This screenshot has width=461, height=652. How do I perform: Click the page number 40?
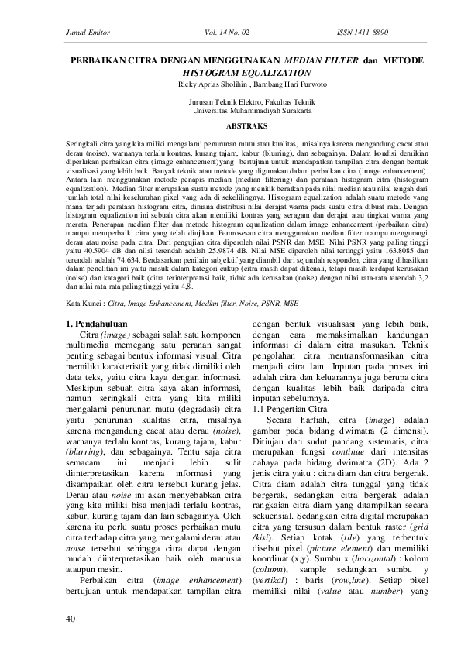click(71, 619)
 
